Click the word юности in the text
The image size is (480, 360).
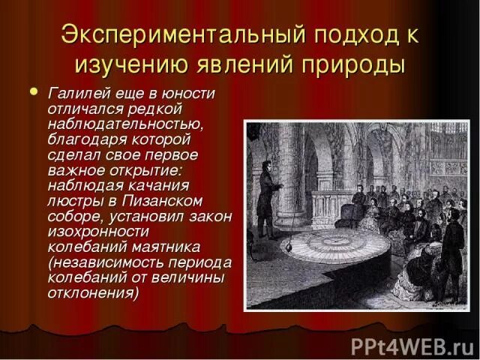coord(189,93)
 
